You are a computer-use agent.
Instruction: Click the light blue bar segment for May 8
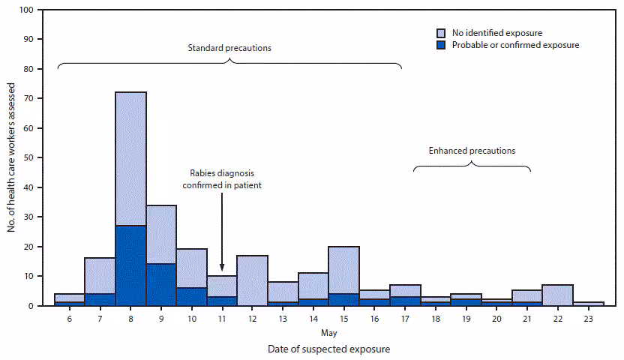point(130,158)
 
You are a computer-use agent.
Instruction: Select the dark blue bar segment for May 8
point(130,265)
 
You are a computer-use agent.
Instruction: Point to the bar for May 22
point(557,295)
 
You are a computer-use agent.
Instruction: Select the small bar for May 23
point(588,304)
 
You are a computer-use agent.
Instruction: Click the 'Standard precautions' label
point(229,48)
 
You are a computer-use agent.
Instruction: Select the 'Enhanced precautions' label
point(472,151)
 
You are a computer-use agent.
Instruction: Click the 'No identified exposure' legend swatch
point(442,33)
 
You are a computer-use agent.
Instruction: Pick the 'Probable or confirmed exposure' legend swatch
point(442,45)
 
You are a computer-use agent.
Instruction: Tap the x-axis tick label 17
point(405,318)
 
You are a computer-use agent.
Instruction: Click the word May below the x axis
point(328,332)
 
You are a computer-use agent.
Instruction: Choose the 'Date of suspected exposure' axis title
point(328,349)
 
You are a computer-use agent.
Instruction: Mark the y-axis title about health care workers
point(12,158)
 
